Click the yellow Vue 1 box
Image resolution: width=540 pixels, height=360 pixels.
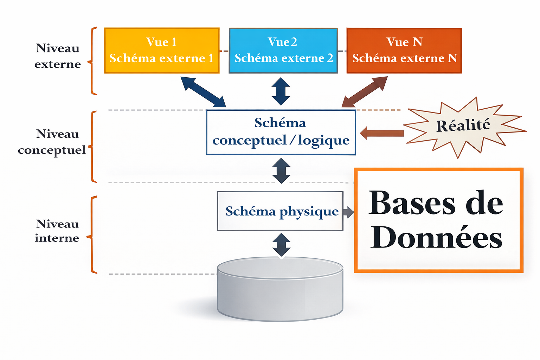point(162,51)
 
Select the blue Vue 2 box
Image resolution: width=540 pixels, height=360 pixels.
point(283,51)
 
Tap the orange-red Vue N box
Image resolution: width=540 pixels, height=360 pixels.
point(404,51)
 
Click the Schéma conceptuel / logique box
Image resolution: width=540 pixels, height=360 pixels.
point(281,133)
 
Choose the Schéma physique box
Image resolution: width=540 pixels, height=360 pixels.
point(280,211)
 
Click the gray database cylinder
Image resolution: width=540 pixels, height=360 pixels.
point(280,289)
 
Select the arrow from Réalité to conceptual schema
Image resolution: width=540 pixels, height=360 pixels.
point(382,133)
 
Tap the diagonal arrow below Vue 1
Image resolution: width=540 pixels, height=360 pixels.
point(203,92)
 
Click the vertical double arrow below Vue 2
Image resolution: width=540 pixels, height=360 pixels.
point(281,91)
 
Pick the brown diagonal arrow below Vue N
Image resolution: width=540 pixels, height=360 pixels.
point(365,92)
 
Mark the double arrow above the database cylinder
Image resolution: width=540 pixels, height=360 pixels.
point(281,245)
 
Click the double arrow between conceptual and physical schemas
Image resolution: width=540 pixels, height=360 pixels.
point(281,171)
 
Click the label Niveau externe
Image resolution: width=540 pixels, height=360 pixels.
point(57,56)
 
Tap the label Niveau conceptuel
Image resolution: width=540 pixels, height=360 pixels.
point(52,142)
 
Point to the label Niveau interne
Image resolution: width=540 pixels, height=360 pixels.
point(57,231)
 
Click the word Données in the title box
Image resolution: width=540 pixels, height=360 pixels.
point(436,238)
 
